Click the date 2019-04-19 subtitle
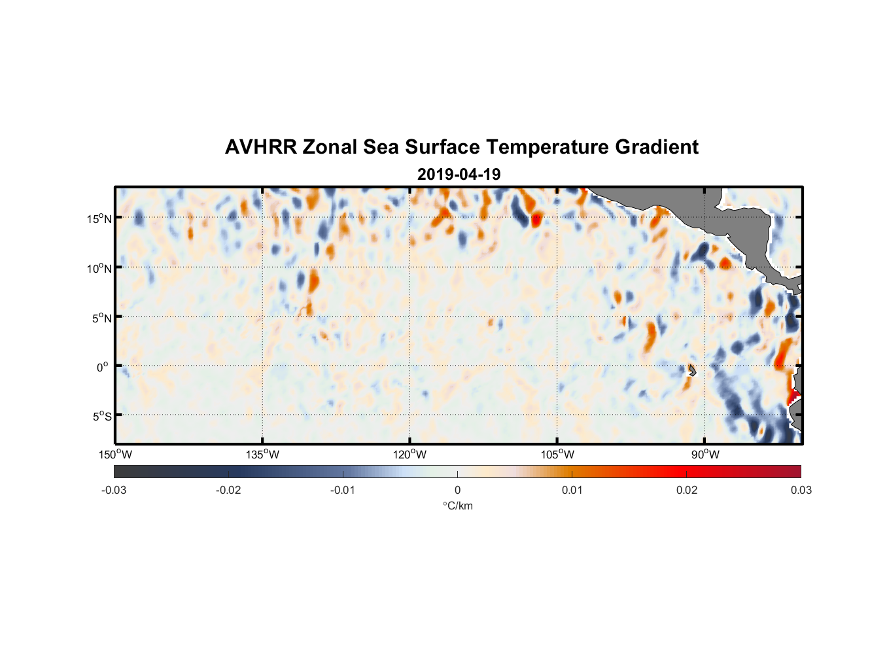[459, 175]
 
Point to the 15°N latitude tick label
[99, 218]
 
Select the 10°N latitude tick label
[99, 268]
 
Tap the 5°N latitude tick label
[101, 318]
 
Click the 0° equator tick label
[103, 367]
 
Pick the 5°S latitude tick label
[101, 416]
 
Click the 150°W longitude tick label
[115, 455]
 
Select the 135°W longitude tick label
[262, 455]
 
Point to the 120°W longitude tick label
[409, 455]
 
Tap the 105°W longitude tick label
[557, 455]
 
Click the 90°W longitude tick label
[704, 455]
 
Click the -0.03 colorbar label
[114, 490]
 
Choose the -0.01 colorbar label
[343, 490]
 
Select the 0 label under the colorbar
[457, 490]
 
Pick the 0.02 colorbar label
[686, 490]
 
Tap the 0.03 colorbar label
[801, 490]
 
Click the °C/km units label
[457, 506]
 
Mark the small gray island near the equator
[691, 371]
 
